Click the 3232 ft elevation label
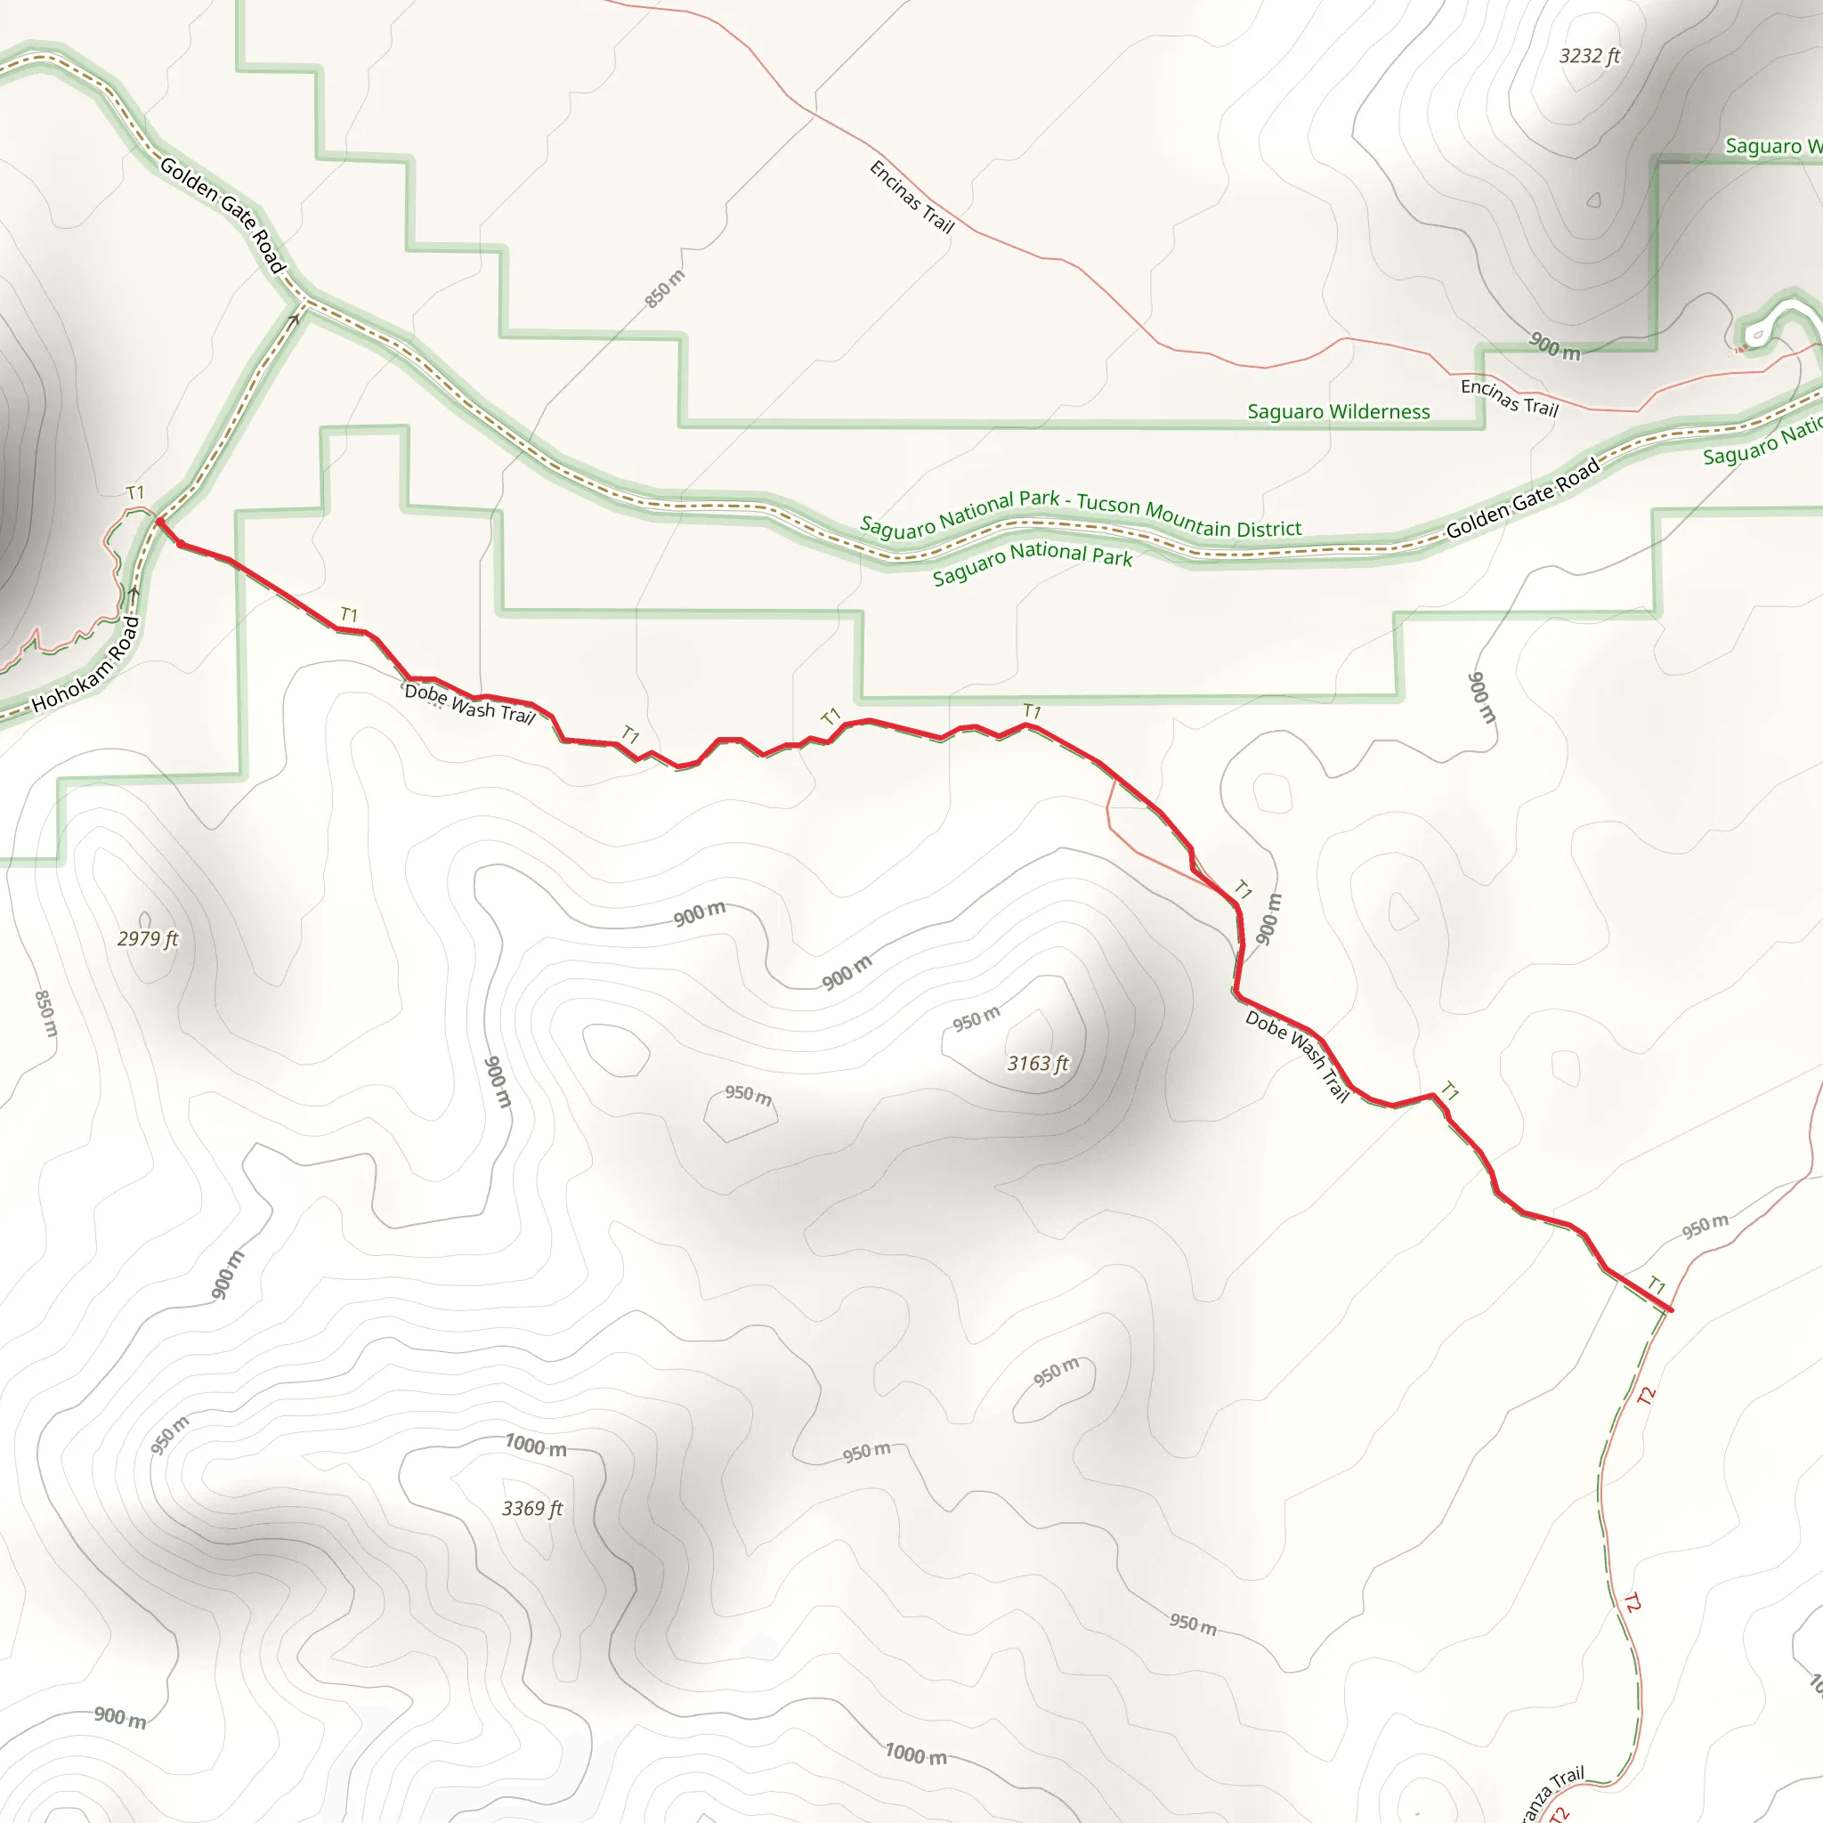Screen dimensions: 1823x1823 tap(1589, 57)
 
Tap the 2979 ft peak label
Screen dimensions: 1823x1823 tap(147, 939)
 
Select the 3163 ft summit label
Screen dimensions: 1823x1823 tap(1038, 1064)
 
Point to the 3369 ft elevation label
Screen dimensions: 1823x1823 tap(532, 1509)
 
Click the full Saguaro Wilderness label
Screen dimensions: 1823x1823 tap(1338, 411)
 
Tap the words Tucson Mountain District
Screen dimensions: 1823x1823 tap(1189, 515)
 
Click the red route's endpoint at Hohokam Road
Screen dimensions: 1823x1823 tap(159, 522)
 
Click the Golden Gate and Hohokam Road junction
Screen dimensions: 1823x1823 tap(304, 304)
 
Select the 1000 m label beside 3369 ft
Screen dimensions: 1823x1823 tap(536, 1446)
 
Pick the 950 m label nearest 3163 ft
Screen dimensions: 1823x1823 tap(976, 1019)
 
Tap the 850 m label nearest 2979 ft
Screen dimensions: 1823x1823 tap(45, 1013)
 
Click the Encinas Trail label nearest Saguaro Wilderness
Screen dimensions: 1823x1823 tap(1509, 397)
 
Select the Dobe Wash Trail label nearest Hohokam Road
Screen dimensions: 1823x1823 tap(470, 704)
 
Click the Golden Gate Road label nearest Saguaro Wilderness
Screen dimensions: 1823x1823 tap(1523, 498)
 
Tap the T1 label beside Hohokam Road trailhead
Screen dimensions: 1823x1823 tap(136, 492)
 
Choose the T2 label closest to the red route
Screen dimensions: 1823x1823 tap(1647, 1397)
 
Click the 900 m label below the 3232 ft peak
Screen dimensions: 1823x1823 tap(1554, 346)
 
